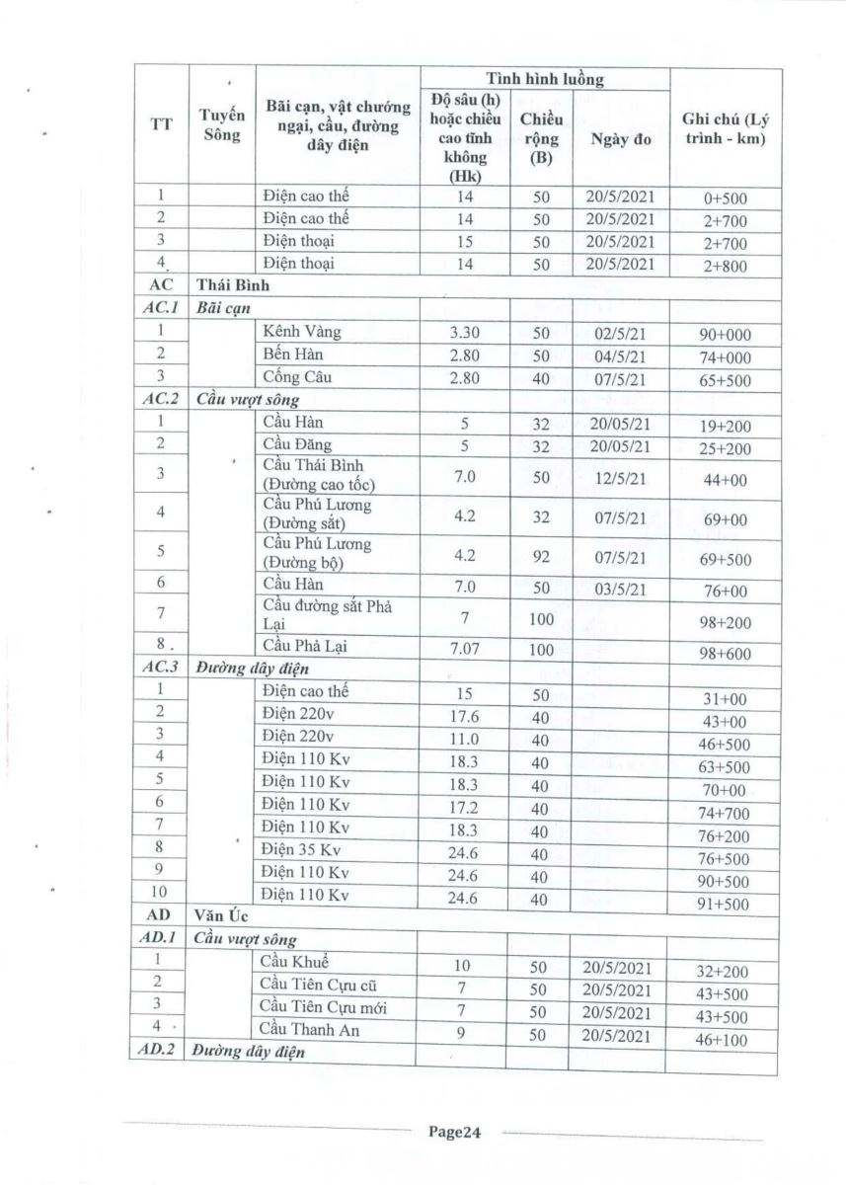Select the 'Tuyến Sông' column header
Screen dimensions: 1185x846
click(221, 125)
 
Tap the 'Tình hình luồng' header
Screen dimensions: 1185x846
click(545, 78)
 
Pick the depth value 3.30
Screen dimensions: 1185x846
click(464, 333)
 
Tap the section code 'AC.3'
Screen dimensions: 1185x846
click(158, 668)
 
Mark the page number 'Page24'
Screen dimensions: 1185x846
click(454, 1133)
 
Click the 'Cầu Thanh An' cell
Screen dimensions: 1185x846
click(309, 1030)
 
